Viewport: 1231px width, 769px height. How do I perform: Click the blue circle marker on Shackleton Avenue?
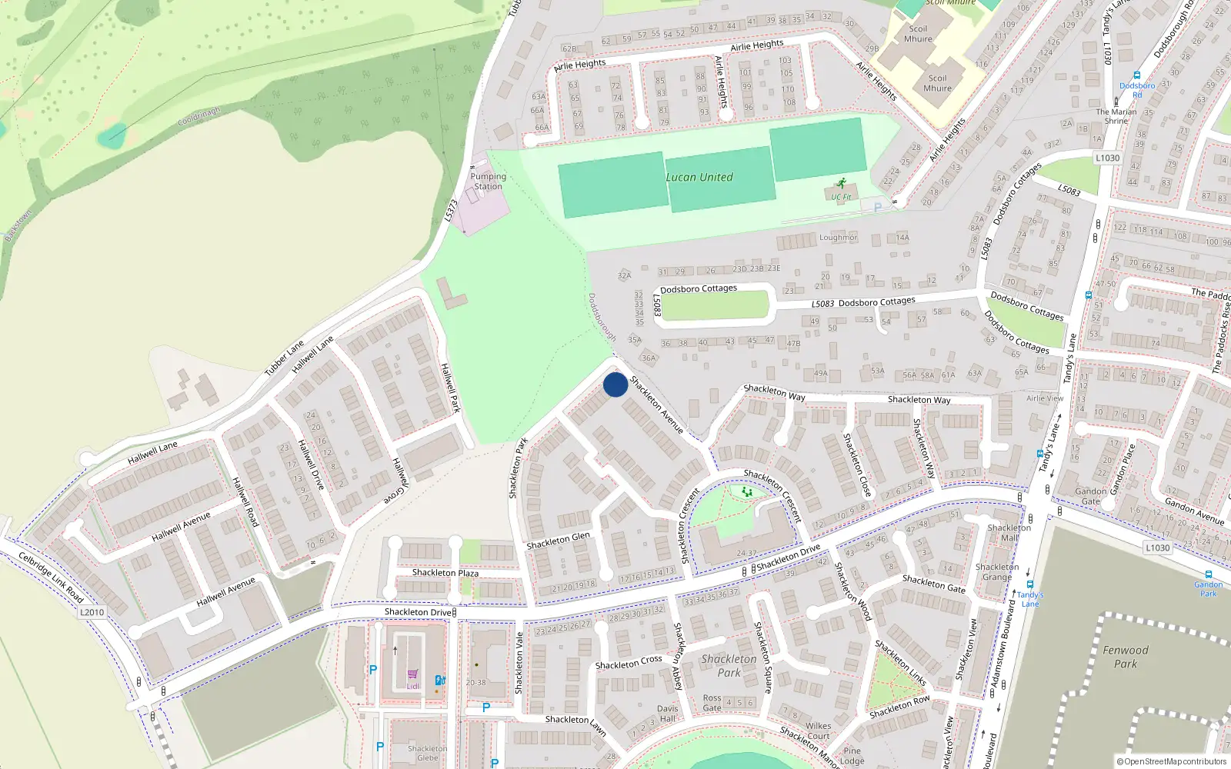[615, 384]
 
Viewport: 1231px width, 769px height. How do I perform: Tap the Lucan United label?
[699, 177]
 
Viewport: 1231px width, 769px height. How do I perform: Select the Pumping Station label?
[488, 181]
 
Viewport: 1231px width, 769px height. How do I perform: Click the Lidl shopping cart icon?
[413, 674]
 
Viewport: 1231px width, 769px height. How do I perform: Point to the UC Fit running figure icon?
[840, 184]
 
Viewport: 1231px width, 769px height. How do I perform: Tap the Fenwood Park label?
[1125, 657]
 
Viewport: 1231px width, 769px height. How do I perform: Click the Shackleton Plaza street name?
[445, 573]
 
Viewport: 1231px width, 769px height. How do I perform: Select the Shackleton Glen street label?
[558, 541]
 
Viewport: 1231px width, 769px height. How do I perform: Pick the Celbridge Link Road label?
[51, 578]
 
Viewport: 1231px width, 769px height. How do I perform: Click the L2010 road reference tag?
[92, 612]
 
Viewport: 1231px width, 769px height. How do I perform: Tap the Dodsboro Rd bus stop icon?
[1136, 75]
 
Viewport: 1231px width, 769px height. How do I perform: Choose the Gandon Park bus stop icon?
[1208, 574]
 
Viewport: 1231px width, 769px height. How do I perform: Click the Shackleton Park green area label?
[729, 666]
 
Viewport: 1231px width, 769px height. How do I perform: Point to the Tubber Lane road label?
[284, 359]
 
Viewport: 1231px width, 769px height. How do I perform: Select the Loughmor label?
[838, 238]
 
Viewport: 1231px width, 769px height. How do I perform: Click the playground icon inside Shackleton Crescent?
[746, 491]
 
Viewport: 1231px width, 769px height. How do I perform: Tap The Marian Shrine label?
[1116, 116]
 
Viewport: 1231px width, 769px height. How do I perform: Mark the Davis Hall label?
[667, 714]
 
